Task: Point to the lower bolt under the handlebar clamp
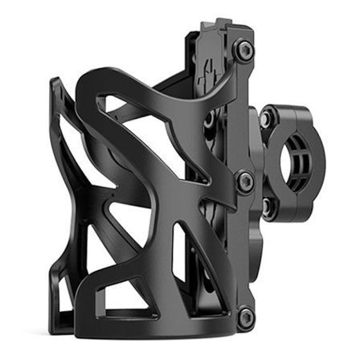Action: [265, 207]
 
